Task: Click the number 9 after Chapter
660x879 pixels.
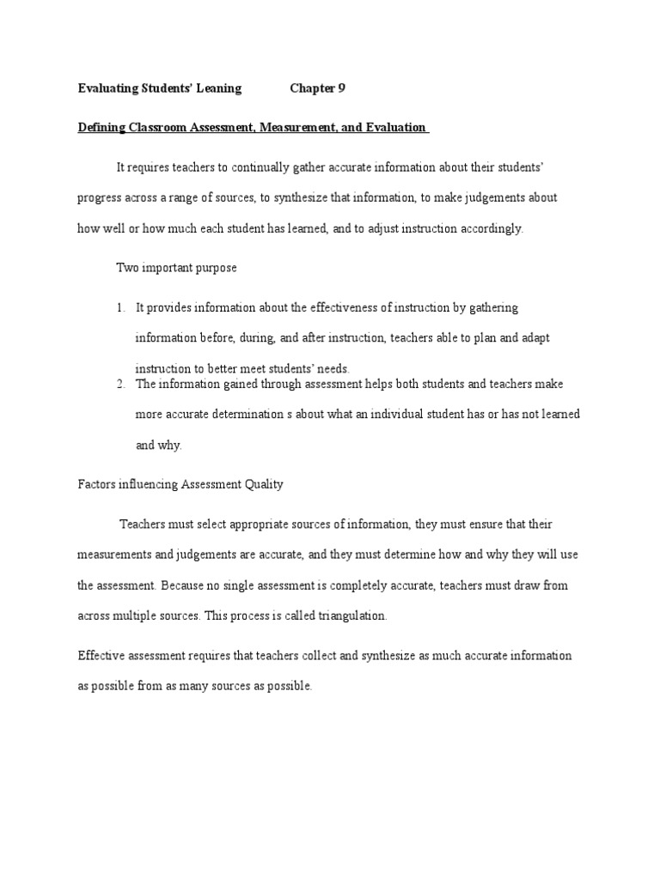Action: click(342, 88)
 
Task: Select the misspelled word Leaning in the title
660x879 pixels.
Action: click(220, 88)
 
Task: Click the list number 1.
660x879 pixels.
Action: click(120, 307)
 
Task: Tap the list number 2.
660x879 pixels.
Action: click(120, 383)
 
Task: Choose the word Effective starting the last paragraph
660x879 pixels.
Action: click(101, 656)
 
